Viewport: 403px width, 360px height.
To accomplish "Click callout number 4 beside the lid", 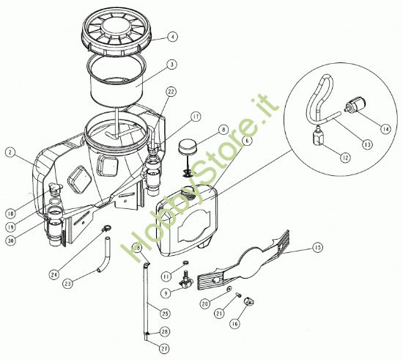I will pos(172,36).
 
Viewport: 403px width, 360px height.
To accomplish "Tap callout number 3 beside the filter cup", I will pos(171,65).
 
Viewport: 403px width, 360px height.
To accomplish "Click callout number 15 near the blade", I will pos(317,247).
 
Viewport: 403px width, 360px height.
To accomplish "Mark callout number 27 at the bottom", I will pos(163,348).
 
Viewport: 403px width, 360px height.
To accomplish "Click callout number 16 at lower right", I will pos(234,323).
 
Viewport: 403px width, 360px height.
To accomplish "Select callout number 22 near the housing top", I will pos(171,91).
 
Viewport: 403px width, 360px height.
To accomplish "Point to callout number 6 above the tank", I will pos(248,139).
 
